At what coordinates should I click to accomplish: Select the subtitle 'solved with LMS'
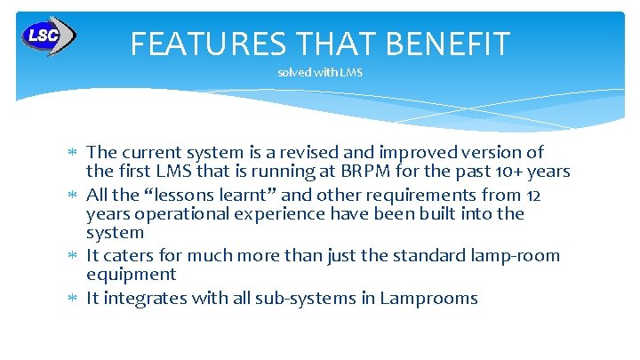coord(320,73)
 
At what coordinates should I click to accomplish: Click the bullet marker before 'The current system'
coord(74,153)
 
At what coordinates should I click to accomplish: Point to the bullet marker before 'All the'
coord(74,195)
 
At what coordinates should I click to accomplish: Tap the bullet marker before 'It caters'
coord(74,256)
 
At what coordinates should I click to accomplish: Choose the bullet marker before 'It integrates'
coord(74,299)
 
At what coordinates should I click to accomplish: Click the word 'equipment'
coord(131,275)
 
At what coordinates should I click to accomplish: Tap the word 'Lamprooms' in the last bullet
coord(428,298)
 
